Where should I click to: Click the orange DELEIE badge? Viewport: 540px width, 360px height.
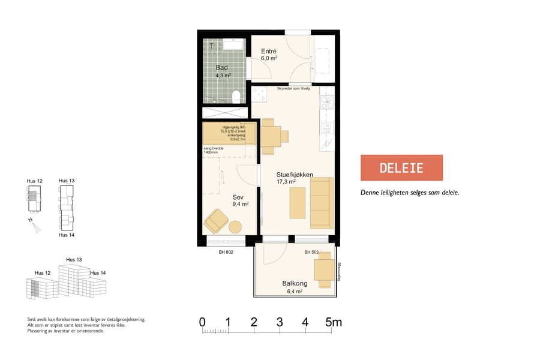coord(401,168)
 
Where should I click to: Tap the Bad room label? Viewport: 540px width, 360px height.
coord(222,68)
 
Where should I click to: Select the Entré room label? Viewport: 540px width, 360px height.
coord(268,52)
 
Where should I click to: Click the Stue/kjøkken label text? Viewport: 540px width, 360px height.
coord(286,174)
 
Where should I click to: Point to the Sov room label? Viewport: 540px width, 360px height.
coord(238,196)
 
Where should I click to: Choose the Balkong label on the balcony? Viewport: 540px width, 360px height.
coord(295,283)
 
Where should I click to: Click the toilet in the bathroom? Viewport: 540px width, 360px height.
coord(237,96)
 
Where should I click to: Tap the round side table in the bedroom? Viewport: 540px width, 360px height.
coord(235,227)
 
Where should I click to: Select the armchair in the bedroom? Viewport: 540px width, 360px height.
coord(216,222)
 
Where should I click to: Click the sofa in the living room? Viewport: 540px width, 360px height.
coord(321,203)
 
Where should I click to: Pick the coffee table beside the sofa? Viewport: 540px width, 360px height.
coord(298,203)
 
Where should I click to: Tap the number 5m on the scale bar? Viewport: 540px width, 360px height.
coord(334,323)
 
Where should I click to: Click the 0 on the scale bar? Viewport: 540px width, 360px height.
coord(203,323)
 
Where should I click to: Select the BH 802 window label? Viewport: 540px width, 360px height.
coord(226,253)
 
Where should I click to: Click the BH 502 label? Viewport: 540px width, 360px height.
coord(311,253)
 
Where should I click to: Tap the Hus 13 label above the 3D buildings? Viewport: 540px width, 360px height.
coord(74,260)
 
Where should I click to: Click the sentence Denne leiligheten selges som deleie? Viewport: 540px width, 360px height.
coord(409,193)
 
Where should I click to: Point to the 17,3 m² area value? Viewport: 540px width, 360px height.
coord(286,182)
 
